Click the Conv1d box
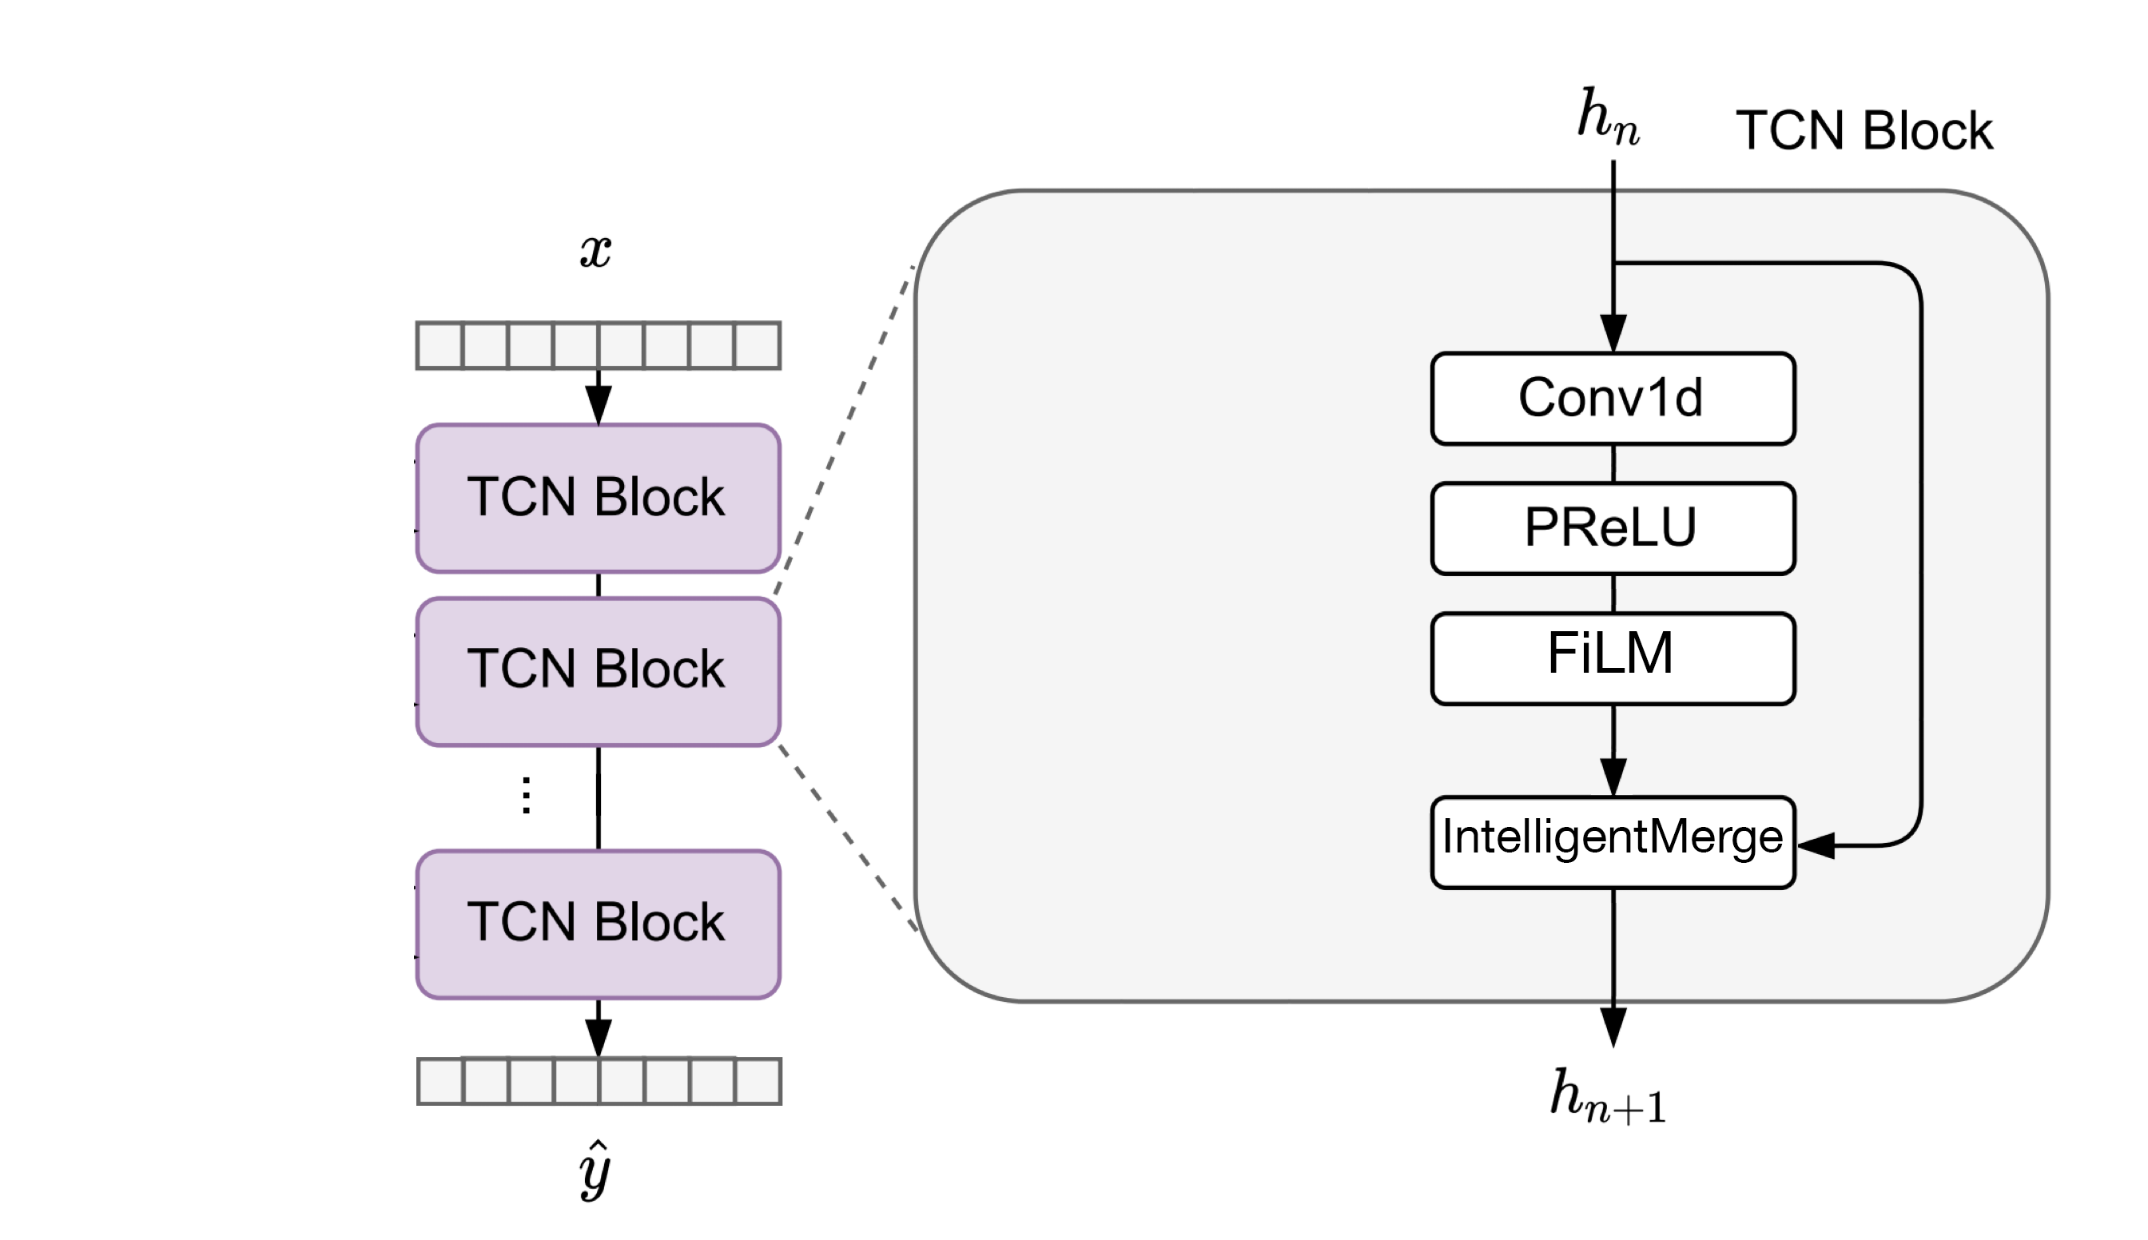pyautogui.click(x=1613, y=399)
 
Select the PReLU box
pyautogui.click(x=1613, y=528)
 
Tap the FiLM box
pyautogui.click(x=1613, y=658)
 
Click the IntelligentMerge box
pyautogui.click(x=1613, y=841)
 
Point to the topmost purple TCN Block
pyautogui.click(x=598, y=499)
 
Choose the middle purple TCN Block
pyautogui.click(x=598, y=671)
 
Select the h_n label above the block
pyautogui.click(x=1607, y=117)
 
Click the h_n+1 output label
pyautogui.click(x=1607, y=1097)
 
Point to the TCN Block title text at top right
pyautogui.click(x=1864, y=131)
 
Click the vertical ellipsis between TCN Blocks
pyautogui.click(x=527, y=796)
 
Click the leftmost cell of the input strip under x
pyautogui.click(x=440, y=346)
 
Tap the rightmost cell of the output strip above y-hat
pyautogui.click(x=758, y=1082)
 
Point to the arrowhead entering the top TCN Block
pyautogui.click(x=598, y=404)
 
